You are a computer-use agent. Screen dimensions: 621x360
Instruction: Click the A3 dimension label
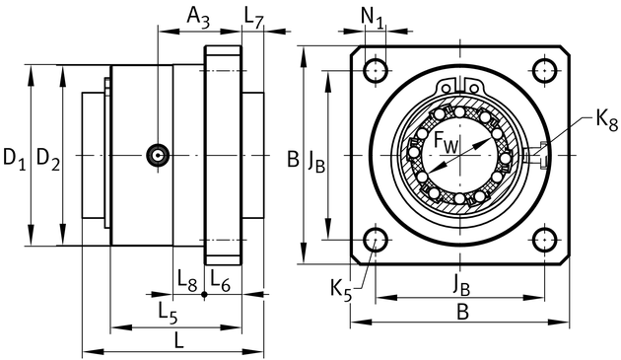[x=198, y=18]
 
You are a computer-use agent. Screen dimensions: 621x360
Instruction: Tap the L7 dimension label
[x=253, y=18]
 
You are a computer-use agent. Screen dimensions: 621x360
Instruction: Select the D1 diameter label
[x=14, y=159]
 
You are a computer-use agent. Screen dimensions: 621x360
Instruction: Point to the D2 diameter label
[x=48, y=159]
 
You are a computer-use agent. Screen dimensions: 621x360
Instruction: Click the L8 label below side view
[x=187, y=280]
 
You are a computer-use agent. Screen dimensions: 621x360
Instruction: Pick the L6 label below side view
[x=220, y=280]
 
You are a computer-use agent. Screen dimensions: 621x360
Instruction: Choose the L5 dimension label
[x=168, y=313]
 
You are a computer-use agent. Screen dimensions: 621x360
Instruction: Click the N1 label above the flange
[x=373, y=18]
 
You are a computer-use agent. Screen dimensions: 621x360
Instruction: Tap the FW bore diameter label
[x=446, y=142]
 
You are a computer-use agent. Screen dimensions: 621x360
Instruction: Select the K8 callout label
[x=607, y=119]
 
